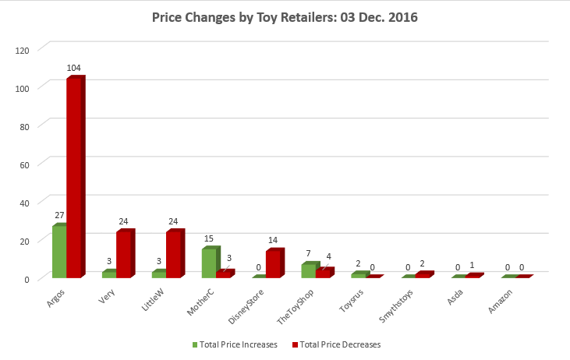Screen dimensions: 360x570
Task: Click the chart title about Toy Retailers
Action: [x=285, y=17]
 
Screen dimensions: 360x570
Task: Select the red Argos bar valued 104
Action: [x=74, y=178]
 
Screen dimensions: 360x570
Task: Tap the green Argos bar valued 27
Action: [x=59, y=252]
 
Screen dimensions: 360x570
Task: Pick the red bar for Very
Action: [x=124, y=255]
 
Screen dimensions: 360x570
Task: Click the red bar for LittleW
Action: [x=174, y=255]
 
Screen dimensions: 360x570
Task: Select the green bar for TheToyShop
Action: [x=309, y=270]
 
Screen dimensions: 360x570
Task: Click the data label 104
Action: [x=74, y=69]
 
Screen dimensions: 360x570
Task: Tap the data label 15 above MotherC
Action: [x=209, y=240]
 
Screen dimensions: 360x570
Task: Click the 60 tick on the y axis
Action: [x=24, y=164]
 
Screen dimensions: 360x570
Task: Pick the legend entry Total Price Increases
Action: [x=235, y=344]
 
